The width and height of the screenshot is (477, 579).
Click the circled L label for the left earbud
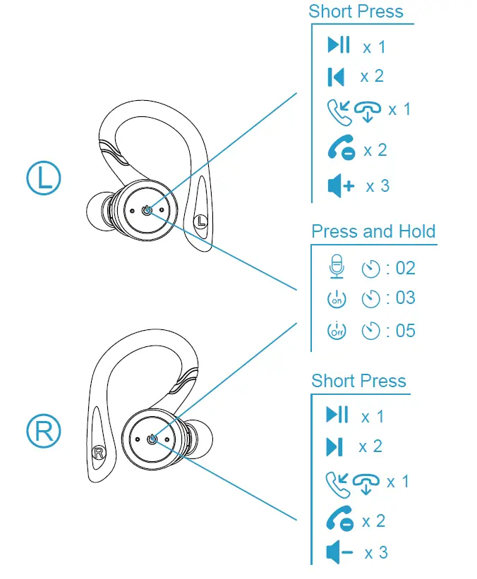pyautogui.click(x=44, y=178)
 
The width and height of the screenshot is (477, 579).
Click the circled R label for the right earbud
pyautogui.click(x=44, y=432)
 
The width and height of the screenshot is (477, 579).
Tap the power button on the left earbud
pyautogui.click(x=146, y=210)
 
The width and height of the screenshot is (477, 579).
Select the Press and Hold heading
pyautogui.click(x=373, y=232)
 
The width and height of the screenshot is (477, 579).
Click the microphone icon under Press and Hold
pyautogui.click(x=337, y=267)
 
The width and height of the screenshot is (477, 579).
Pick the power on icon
pyautogui.click(x=337, y=298)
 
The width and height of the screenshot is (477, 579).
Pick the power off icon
pyautogui.click(x=337, y=330)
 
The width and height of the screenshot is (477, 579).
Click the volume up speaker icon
pyautogui.click(x=341, y=186)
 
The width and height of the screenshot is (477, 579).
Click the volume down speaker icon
pyautogui.click(x=339, y=553)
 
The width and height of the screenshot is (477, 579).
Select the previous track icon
pyautogui.click(x=336, y=76)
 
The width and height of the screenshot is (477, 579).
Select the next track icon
pyautogui.click(x=334, y=446)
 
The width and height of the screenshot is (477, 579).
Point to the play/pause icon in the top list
pyautogui.click(x=339, y=46)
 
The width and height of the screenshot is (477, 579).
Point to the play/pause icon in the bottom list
pyautogui.click(x=337, y=415)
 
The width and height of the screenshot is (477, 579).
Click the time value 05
pyautogui.click(x=406, y=331)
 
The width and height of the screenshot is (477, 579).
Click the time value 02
pyautogui.click(x=406, y=268)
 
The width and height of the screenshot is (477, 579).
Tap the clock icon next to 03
pyautogui.click(x=370, y=299)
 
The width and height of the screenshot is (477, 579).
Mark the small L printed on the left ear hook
pyautogui.click(x=202, y=221)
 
